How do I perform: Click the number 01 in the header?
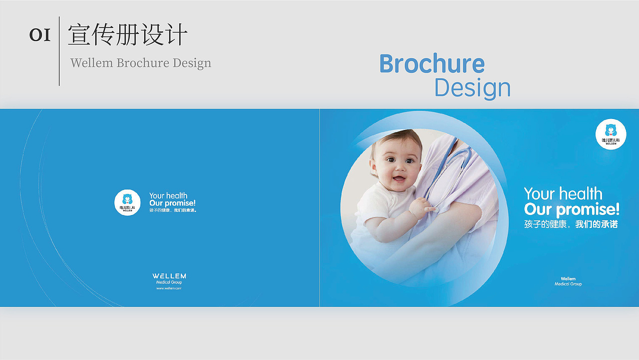click(x=40, y=35)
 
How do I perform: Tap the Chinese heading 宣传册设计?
click(x=128, y=35)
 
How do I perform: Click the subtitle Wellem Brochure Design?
click(x=141, y=63)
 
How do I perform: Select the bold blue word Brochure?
click(x=432, y=64)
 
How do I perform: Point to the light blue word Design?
click(x=472, y=88)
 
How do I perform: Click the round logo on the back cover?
click(x=127, y=202)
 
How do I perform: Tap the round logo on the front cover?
click(x=611, y=134)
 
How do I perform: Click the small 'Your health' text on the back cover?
click(x=168, y=195)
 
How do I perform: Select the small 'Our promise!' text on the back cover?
click(x=172, y=203)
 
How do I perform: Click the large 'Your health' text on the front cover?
click(x=563, y=194)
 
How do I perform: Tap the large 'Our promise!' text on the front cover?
click(x=572, y=209)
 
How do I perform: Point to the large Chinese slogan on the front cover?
click(x=571, y=224)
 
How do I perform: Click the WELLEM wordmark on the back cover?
click(x=169, y=276)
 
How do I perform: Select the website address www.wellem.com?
click(x=169, y=288)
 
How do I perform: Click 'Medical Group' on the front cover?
click(x=568, y=284)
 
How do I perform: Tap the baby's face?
click(x=396, y=164)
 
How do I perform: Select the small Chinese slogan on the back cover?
click(x=173, y=210)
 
